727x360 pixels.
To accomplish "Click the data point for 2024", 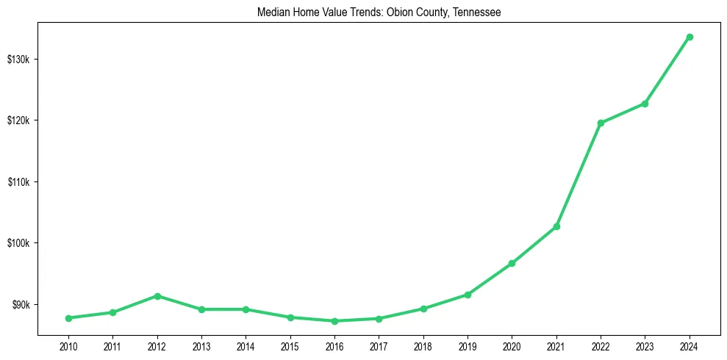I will (x=690, y=37).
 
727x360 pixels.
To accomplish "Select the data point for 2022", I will (x=601, y=123).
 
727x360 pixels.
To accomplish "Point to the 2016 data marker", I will (x=334, y=321).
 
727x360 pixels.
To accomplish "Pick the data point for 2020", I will (x=512, y=263).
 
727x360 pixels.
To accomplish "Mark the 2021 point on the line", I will (x=556, y=226).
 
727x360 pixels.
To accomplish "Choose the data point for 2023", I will (x=645, y=104).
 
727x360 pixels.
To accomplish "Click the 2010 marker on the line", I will (x=68, y=318).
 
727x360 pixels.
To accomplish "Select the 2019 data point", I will (x=468, y=295).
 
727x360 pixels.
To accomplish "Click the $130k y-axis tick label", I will (x=17, y=59).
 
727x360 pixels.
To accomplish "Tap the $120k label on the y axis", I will (x=17, y=120).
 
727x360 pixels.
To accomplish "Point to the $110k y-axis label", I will (x=17, y=181).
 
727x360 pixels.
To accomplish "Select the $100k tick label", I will (x=17, y=243).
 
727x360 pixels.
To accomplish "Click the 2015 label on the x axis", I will (x=290, y=345).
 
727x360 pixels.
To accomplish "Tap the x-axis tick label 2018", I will (x=423, y=345).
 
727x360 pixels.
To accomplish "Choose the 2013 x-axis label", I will (x=201, y=345).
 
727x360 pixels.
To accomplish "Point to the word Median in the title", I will (x=273, y=12).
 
